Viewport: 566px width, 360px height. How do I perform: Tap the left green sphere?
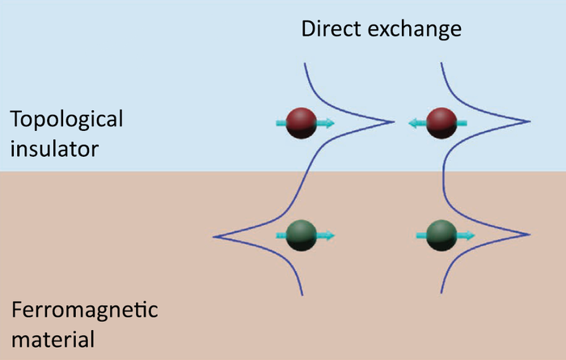(306, 235)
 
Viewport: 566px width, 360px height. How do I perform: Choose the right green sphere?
(441, 235)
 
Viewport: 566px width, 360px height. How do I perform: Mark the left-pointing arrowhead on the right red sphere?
(412, 124)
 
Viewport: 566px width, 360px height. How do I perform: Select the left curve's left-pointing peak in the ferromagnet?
(213, 236)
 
